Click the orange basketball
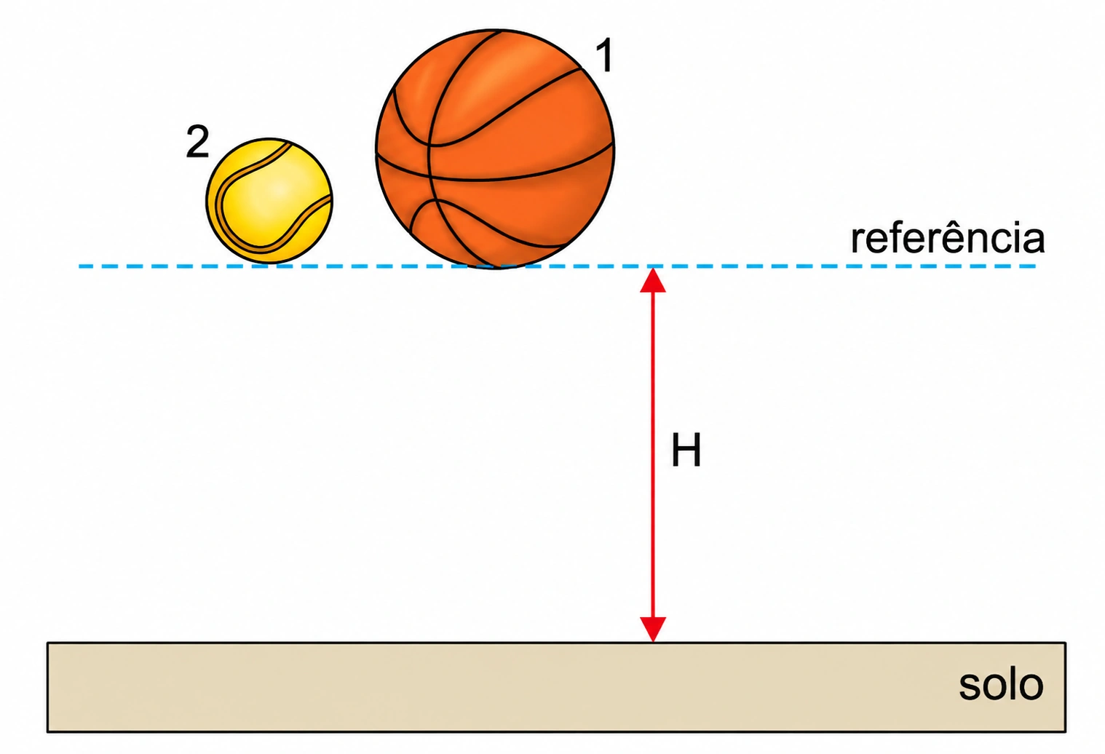[495, 149]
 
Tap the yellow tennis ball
[269, 201]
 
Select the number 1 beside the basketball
[604, 55]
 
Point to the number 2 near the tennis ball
[197, 141]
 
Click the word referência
[948, 238]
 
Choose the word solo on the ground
[1001, 684]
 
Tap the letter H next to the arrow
[686, 450]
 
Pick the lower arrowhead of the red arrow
[653, 630]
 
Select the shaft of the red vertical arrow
[653, 454]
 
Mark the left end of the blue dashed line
[79, 266]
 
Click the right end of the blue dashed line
[1035, 266]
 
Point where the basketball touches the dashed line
[495, 267]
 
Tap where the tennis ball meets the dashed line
[269, 264]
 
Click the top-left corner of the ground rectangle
[48, 643]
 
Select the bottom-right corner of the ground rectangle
[1066, 732]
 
